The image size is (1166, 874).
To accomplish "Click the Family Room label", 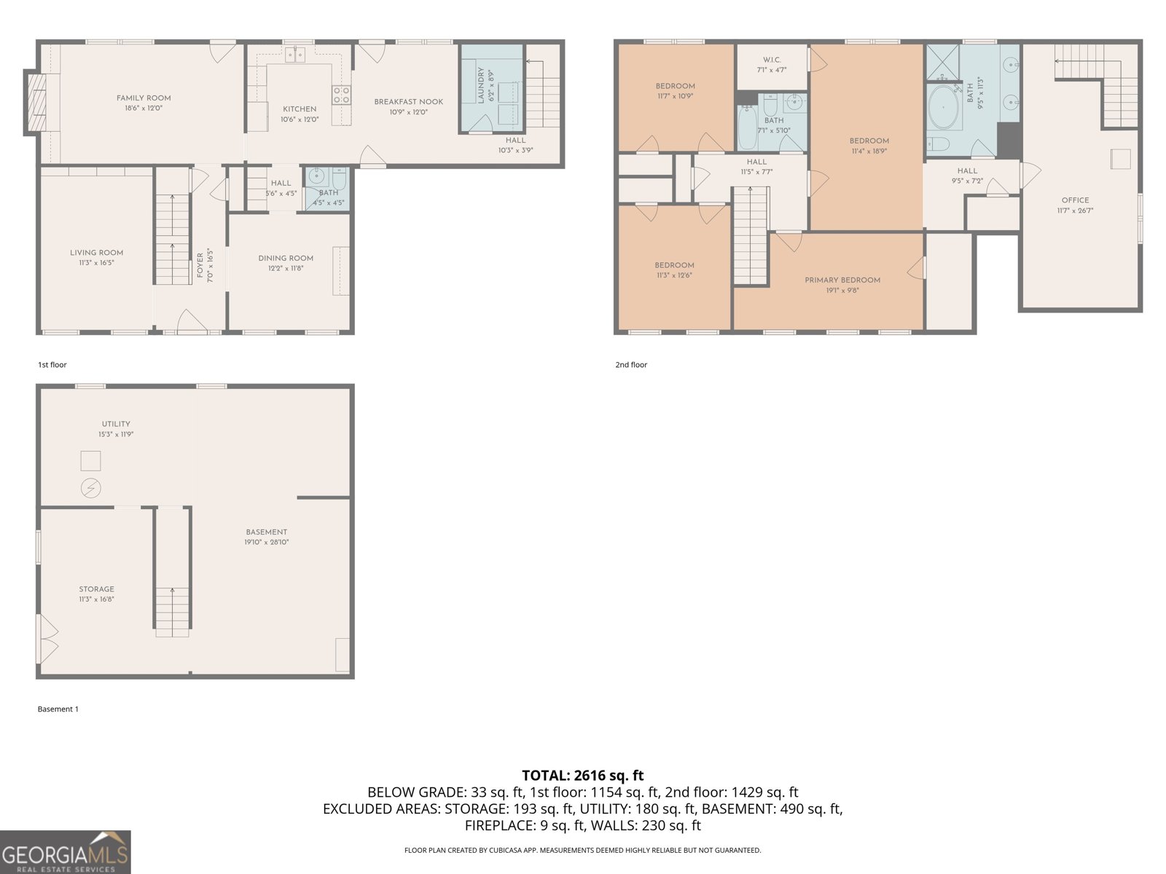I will click(x=144, y=98).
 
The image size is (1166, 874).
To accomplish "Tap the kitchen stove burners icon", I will click(x=341, y=94).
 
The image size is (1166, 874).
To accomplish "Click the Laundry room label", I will click(x=481, y=85).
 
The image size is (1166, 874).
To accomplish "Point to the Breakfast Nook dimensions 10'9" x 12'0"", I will click(x=408, y=112).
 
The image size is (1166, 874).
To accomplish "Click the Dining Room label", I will click(x=286, y=258).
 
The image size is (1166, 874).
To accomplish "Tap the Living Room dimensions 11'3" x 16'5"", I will click(x=96, y=263).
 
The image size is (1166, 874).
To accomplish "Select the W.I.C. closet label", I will click(x=772, y=60).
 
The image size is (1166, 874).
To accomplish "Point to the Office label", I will click(x=1075, y=200).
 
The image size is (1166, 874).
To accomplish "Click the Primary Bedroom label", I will click(x=842, y=280).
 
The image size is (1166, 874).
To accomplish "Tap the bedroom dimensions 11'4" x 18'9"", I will click(x=869, y=151).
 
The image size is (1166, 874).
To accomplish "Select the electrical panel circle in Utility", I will click(x=91, y=488).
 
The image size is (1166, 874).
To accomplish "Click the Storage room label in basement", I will click(x=97, y=589).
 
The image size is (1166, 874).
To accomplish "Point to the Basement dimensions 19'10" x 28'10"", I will click(x=267, y=542).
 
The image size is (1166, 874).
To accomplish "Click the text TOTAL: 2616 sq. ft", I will click(x=582, y=775).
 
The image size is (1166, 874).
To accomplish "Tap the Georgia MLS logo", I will click(x=66, y=852).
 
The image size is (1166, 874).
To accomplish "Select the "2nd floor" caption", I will click(x=630, y=365).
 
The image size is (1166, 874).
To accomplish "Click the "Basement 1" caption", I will click(x=58, y=709).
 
